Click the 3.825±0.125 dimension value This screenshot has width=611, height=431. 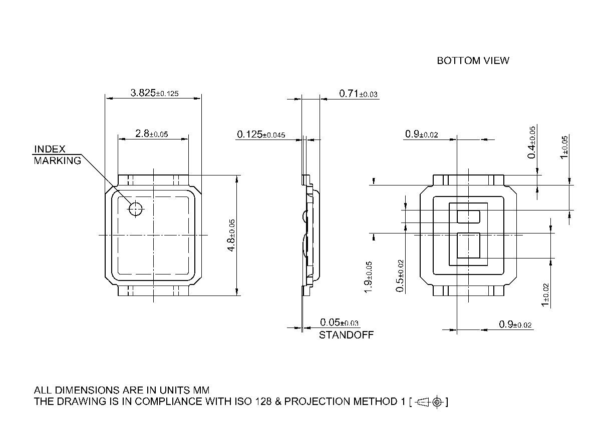pos(154,93)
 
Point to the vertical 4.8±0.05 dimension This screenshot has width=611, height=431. pos(231,235)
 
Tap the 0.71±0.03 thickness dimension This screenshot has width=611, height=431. pos(358,93)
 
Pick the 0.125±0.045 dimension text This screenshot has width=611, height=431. pos(261,134)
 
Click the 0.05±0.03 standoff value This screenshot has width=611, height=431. pos(339,322)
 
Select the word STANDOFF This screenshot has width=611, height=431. pos(346,335)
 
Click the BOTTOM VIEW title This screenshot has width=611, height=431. pos(473,60)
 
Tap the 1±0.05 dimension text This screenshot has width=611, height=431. pos(564,147)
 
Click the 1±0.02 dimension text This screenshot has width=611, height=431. pos(545,295)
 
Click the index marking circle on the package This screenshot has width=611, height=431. pos(136,208)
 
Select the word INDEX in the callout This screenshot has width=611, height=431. pos(50,149)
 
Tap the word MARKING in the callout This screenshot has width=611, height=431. pos(57,160)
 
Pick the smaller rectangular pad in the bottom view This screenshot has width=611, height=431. pos(468,216)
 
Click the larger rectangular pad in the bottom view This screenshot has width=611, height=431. pos(468,246)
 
